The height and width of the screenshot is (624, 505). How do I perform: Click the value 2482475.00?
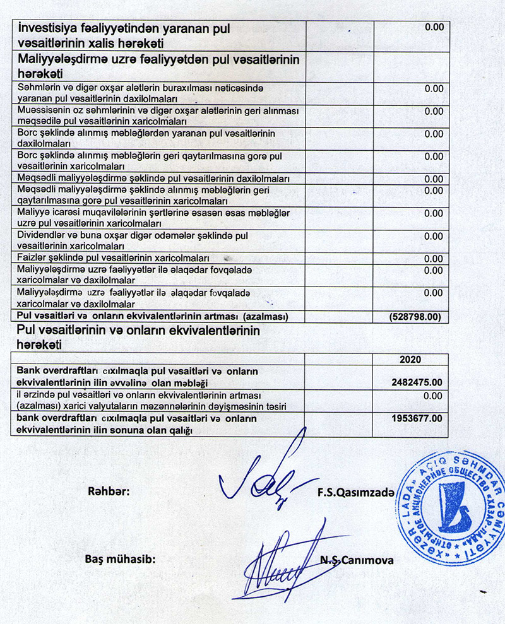pyautogui.click(x=417, y=382)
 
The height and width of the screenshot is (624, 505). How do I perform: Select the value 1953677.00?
pyautogui.click(x=417, y=418)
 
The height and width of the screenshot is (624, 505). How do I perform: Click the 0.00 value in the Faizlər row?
pyautogui.click(x=434, y=259)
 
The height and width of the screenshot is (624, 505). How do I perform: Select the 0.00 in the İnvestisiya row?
pyautogui.click(x=434, y=27)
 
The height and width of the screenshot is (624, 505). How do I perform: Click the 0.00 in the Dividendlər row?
pyautogui.click(x=434, y=236)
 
